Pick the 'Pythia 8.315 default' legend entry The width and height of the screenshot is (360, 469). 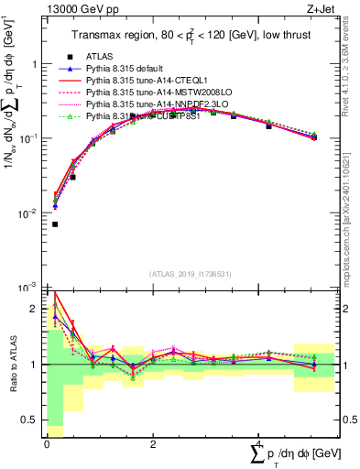(x=127, y=69)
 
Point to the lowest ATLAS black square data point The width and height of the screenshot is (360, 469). (x=55, y=224)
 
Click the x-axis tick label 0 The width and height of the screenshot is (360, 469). (x=47, y=443)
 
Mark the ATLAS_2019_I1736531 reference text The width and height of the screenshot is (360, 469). (x=190, y=274)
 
